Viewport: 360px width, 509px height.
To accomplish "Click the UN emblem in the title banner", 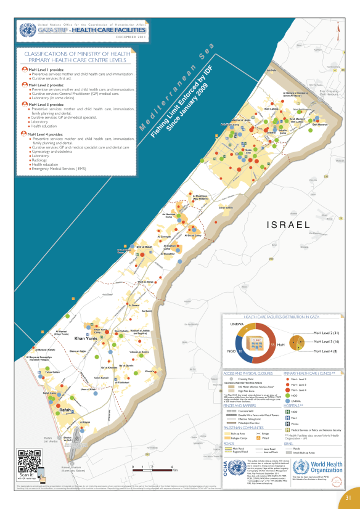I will point(27,29).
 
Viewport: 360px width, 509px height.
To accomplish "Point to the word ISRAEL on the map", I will point(285,226).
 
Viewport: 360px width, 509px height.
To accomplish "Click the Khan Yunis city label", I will point(86,339).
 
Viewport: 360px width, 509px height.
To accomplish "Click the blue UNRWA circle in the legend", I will point(287,401).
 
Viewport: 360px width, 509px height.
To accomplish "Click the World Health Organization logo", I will point(314,466).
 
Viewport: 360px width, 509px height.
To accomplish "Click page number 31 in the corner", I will point(348,498).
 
